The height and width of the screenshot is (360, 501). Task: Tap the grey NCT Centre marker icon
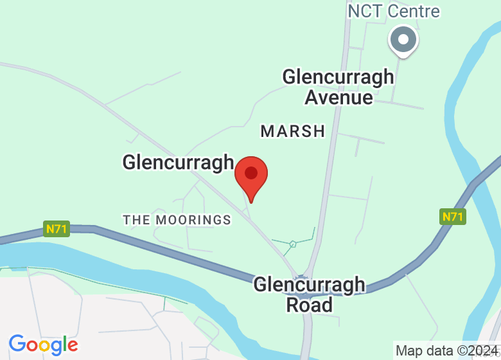[403, 40]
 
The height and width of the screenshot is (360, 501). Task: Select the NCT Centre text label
[393, 11]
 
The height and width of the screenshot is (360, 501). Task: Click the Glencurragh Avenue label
[338, 87]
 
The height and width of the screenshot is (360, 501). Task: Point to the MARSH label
[293, 131]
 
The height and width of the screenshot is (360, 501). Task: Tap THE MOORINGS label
[177, 220]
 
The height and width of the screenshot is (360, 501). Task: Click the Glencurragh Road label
[309, 294]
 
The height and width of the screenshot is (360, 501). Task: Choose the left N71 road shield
[57, 228]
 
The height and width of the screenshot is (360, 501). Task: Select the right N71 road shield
[452, 217]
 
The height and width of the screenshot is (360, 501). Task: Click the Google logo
[43, 345]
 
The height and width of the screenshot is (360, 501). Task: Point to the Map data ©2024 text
[446, 351]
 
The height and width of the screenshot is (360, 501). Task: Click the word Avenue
[338, 97]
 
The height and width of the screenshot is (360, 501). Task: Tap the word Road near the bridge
[309, 304]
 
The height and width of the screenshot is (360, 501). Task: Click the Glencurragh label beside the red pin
[178, 162]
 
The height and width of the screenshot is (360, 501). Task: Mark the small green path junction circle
[293, 244]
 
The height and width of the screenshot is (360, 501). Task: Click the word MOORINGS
[193, 220]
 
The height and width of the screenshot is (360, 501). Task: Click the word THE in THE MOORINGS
[136, 220]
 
